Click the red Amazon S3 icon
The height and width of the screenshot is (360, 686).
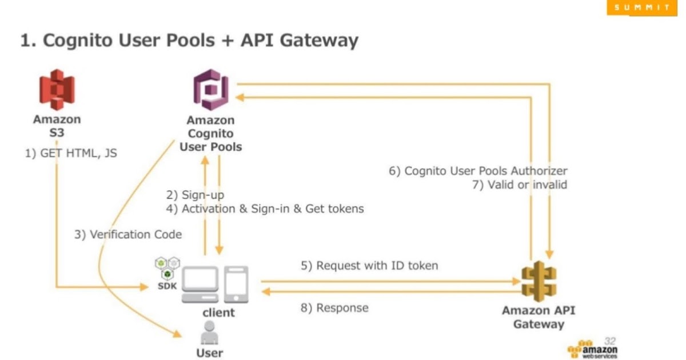coord(57,90)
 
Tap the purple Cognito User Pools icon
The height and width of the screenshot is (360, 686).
coord(212,90)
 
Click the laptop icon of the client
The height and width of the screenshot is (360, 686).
coord(200,285)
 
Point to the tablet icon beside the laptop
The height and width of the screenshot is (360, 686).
coord(236,285)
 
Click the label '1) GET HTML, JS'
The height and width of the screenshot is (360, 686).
coord(71,153)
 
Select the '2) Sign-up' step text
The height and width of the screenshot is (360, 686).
coord(195,195)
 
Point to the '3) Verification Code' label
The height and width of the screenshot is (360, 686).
coord(128,234)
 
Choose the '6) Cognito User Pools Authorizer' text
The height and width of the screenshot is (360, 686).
coord(478,171)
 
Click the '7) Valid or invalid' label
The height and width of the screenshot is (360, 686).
coord(519,185)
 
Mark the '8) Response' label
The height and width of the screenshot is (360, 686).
coord(334,308)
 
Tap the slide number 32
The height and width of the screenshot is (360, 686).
coord(609,340)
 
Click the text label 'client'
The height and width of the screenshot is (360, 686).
coord(218,312)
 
